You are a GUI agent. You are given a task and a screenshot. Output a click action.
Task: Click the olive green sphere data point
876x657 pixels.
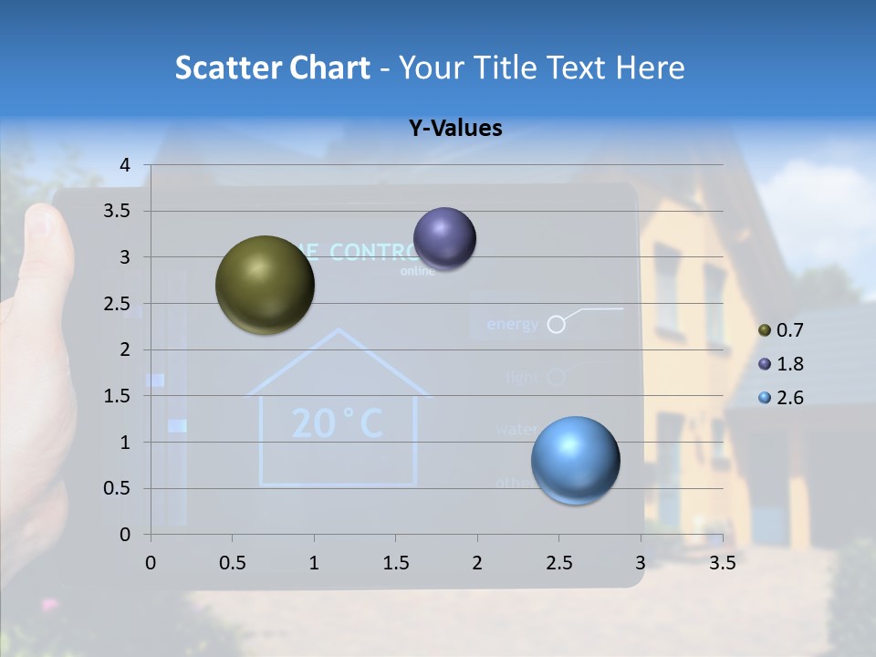pos(265,285)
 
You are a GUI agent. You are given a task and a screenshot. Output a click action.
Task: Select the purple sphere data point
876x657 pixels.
pos(444,239)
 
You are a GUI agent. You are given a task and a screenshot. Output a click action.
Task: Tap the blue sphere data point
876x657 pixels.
pos(575,460)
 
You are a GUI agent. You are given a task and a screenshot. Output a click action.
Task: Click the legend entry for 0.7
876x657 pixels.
pos(780,330)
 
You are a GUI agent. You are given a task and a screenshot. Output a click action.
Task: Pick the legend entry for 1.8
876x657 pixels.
pos(780,364)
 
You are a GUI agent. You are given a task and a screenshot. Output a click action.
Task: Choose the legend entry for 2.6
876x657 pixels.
pos(780,398)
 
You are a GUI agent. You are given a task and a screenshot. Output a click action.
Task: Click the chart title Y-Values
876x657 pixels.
pos(454,129)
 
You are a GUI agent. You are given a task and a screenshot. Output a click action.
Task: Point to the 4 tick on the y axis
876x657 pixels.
pos(126,164)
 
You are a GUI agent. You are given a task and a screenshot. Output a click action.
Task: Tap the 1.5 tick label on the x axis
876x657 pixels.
pos(395,563)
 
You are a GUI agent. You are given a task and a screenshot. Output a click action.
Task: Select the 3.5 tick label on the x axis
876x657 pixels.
pos(722,563)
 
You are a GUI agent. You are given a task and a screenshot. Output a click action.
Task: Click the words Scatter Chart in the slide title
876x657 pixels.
pos(272,68)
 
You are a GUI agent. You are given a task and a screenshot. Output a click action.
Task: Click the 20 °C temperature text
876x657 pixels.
pos(337,422)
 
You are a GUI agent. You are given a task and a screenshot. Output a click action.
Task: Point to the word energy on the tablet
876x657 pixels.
pos(511,324)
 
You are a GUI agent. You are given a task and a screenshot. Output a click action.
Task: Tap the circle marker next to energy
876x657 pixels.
pos(556,324)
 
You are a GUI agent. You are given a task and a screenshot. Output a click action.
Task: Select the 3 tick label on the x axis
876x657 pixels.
pos(641,563)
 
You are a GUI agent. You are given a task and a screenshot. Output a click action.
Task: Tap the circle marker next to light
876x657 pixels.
pos(557,376)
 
